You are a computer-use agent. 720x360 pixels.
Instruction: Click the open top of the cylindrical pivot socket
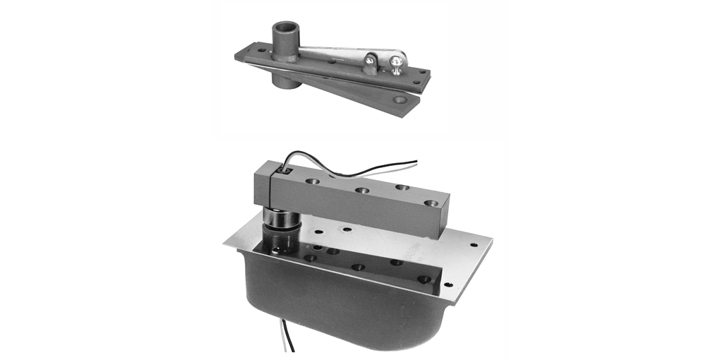point(286,28)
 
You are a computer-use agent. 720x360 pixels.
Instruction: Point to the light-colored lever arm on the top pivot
point(332,52)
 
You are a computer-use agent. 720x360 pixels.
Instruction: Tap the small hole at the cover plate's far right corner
point(473,245)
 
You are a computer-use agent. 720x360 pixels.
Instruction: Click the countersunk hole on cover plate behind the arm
point(346,229)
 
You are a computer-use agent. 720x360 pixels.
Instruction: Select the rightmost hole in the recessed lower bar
point(424,279)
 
